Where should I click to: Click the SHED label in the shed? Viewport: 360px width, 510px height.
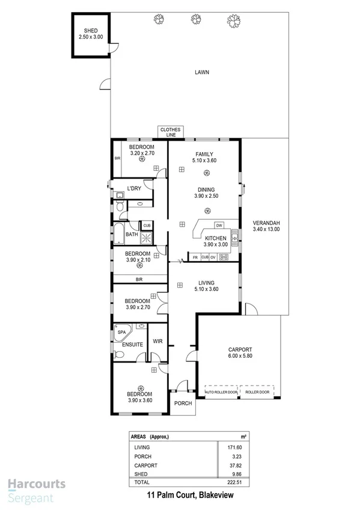[x=91, y=30]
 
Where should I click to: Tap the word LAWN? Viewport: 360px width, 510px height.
[x=201, y=72]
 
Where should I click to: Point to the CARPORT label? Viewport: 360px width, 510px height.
[x=240, y=349]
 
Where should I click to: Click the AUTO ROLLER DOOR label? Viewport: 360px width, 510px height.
[x=221, y=392]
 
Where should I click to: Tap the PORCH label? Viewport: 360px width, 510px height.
[x=183, y=403]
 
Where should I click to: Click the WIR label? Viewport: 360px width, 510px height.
[x=157, y=341]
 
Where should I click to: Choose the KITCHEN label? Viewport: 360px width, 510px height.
[x=215, y=238]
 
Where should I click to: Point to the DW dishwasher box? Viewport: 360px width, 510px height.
[x=219, y=226]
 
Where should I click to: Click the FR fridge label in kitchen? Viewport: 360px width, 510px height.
[x=195, y=257]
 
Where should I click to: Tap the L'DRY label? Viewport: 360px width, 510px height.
[x=134, y=188]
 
